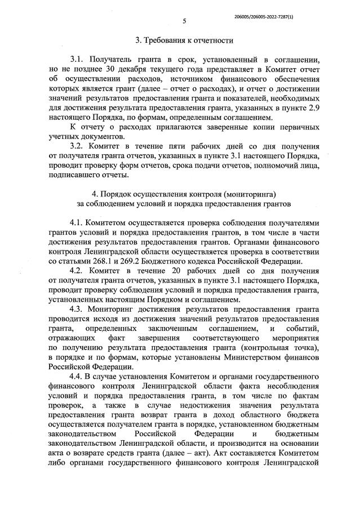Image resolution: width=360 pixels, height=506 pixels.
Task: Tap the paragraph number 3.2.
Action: pos(77,146)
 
